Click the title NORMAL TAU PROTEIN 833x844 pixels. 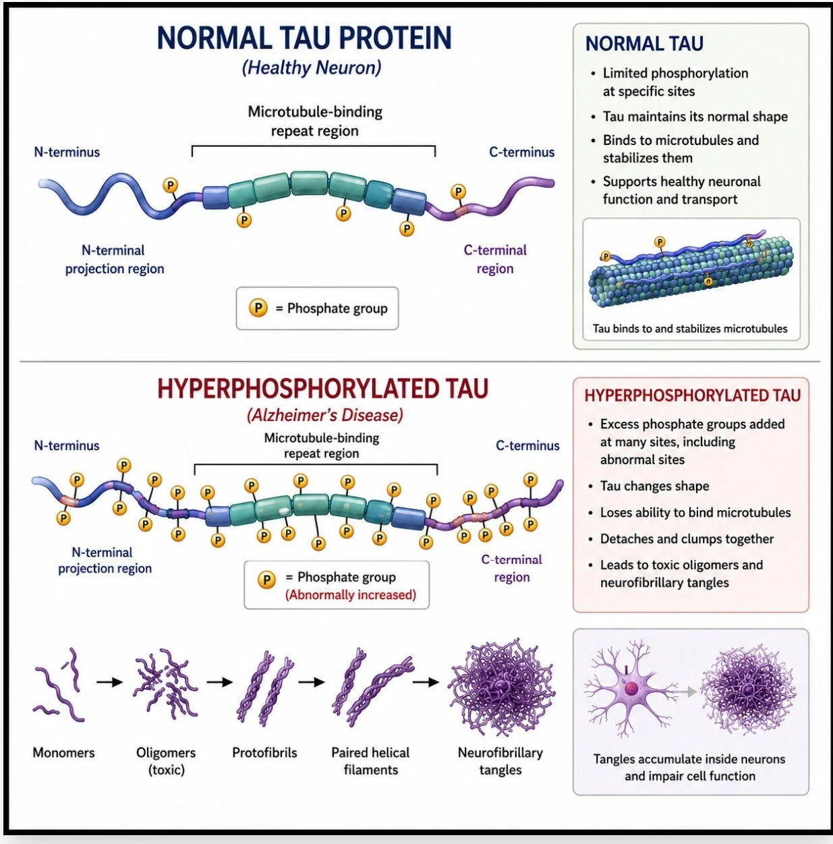pos(304,38)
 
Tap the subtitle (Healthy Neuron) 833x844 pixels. pos(312,68)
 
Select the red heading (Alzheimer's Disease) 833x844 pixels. pos(324,415)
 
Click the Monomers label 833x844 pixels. pos(63,752)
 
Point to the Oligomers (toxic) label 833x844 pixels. pos(166,761)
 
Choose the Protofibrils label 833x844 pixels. pos(264,752)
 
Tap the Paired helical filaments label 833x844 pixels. pos(370,761)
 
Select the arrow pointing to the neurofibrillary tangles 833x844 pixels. pos(426,682)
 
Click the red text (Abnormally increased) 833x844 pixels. pos(350,595)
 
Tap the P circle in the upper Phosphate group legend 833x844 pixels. pos(258,308)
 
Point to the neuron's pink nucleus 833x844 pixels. pos(631,689)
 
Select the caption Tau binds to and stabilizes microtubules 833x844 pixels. pos(690,329)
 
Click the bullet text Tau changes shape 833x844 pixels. pos(654,486)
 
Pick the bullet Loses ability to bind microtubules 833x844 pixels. pos(695,513)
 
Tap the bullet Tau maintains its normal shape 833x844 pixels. pos(695,117)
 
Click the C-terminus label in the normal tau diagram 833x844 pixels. pos(521,152)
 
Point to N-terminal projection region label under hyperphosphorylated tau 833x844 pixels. pos(105,560)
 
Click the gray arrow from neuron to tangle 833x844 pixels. pos(683,692)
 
